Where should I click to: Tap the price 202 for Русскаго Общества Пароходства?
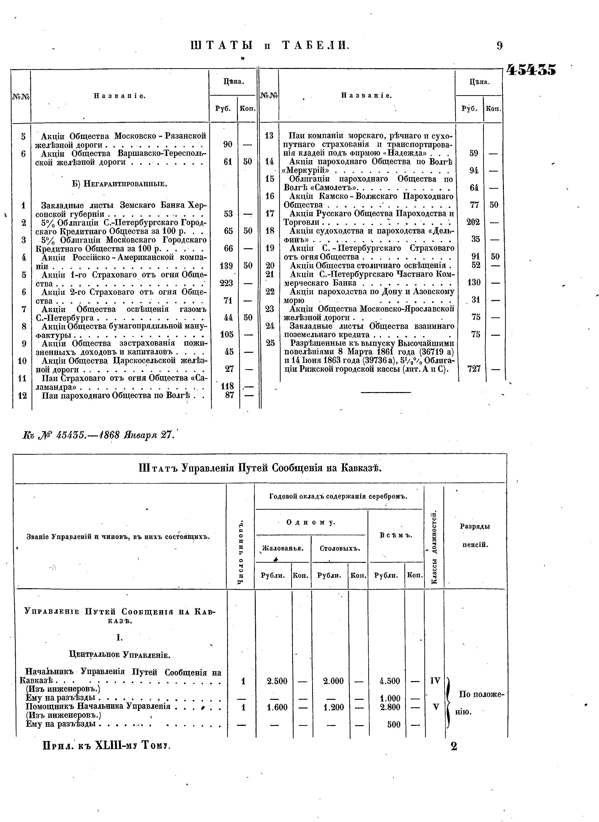[473, 222]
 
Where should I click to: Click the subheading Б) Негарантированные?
[120, 184]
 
